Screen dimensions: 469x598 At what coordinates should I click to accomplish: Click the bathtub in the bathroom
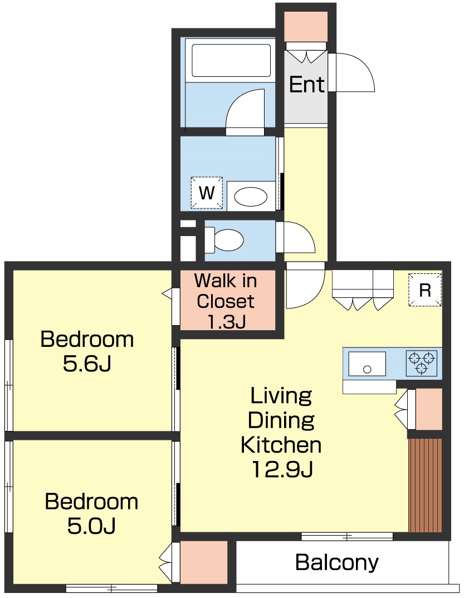(231, 60)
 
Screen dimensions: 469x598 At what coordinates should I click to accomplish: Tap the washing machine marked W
(207, 192)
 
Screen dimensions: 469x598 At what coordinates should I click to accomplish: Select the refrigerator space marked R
(425, 290)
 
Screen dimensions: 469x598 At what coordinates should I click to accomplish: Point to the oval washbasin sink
(251, 197)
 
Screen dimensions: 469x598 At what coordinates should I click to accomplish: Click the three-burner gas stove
(421, 363)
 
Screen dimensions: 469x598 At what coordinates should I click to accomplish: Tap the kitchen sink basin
(367, 364)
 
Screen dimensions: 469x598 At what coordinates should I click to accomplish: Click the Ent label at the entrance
(306, 84)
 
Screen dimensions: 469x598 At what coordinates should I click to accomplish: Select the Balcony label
(337, 562)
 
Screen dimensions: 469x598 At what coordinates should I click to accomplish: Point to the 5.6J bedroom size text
(87, 364)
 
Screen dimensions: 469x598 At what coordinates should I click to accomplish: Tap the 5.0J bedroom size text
(91, 526)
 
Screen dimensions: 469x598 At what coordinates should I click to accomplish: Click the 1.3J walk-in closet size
(226, 322)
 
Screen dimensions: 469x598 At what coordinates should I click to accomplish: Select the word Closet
(226, 301)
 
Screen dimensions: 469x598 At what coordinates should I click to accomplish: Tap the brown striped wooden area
(425, 485)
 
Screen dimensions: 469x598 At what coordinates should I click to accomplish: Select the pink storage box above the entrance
(306, 26)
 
